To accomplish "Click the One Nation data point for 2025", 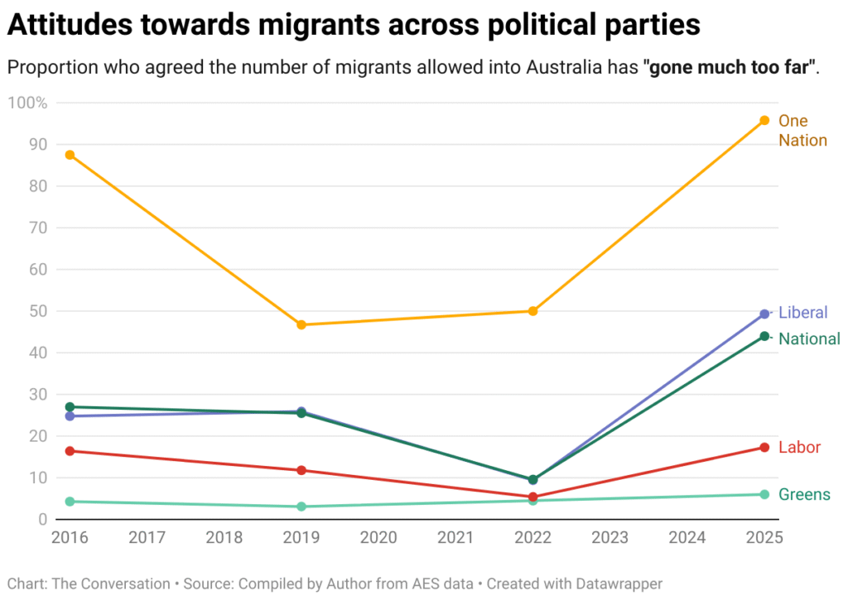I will click(764, 121).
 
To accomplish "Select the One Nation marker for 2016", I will click(70, 155).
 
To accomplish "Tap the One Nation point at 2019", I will click(301, 324).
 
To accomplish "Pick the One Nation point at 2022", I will click(533, 311).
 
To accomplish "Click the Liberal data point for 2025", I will click(764, 314).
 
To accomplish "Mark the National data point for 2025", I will click(764, 336).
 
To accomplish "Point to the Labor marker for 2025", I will click(764, 448).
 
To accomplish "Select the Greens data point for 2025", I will click(764, 495).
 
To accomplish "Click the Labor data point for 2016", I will click(70, 451).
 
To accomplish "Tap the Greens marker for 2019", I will click(301, 506).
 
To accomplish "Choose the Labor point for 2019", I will click(301, 470).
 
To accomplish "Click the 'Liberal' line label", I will click(802, 313).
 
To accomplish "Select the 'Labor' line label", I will click(799, 448).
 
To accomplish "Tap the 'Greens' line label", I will click(804, 495).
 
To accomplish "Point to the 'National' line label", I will click(809, 338).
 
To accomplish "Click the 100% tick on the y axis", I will click(27, 103).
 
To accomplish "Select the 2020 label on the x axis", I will click(378, 538).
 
